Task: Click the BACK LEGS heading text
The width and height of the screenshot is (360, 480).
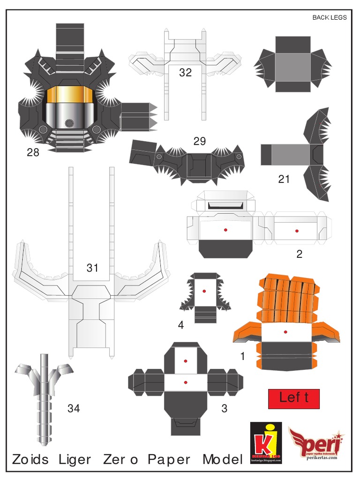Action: pyautogui.click(x=330, y=18)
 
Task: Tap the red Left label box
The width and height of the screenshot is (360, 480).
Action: pyautogui.click(x=293, y=398)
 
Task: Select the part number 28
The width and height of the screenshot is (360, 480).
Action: pyautogui.click(x=33, y=152)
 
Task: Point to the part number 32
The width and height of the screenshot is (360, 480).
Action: pyautogui.click(x=185, y=73)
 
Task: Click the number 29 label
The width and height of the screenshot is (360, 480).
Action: pyautogui.click(x=200, y=141)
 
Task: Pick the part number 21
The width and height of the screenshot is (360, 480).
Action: pyautogui.click(x=284, y=179)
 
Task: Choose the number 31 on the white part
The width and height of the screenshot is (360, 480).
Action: pyautogui.click(x=92, y=268)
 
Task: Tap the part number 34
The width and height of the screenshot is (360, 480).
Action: pyautogui.click(x=74, y=408)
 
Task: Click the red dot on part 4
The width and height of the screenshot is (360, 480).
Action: pyautogui.click(x=205, y=291)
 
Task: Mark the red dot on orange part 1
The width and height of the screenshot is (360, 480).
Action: pyautogui.click(x=285, y=332)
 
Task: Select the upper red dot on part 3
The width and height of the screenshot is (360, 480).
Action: pyautogui.click(x=186, y=361)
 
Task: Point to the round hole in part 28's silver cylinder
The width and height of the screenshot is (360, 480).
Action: pyautogui.click(x=69, y=123)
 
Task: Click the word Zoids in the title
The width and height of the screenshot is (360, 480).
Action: pyautogui.click(x=30, y=459)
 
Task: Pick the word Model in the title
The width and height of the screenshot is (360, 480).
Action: pyautogui.click(x=223, y=459)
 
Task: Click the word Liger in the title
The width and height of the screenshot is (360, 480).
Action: pyautogui.click(x=75, y=459)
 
